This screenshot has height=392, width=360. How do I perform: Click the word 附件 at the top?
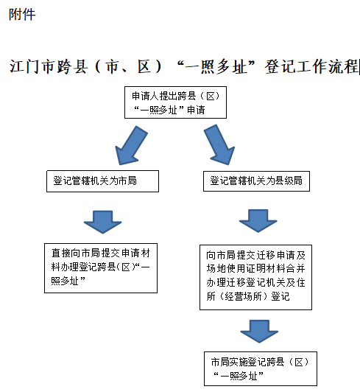pyautogui.click(x=22, y=15)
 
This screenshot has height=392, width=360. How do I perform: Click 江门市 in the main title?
pyautogui.click(x=33, y=66)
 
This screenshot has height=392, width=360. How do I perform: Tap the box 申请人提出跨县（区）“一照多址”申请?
pyautogui.click(x=175, y=102)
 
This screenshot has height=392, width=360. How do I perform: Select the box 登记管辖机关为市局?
pyautogui.click(x=102, y=181)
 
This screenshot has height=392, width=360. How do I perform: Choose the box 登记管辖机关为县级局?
pyautogui.click(x=256, y=181)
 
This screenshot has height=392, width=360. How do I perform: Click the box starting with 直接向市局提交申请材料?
pyautogui.click(x=101, y=268)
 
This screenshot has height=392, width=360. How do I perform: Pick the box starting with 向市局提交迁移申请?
pyautogui.click(x=255, y=277)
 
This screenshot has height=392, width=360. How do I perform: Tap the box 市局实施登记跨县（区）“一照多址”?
pyautogui.click(x=261, y=369)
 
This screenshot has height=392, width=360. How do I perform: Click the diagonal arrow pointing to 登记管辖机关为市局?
pyautogui.click(x=131, y=145)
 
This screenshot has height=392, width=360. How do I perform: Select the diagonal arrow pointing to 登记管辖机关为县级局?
pyautogui.click(x=219, y=145)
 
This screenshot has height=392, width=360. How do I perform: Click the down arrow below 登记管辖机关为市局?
pyautogui.click(x=102, y=222)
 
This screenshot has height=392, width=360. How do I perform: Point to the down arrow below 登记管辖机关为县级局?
pyautogui.click(x=258, y=221)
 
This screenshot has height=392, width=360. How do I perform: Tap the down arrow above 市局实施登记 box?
pyautogui.click(x=259, y=332)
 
